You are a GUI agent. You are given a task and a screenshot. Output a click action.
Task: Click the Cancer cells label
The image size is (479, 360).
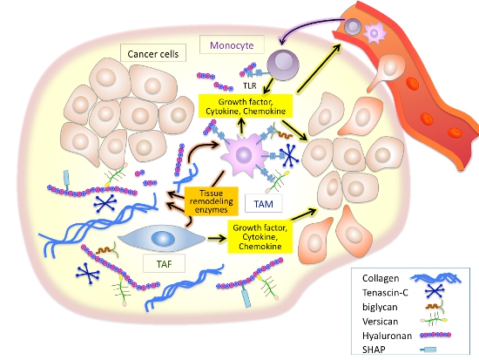tap(153, 54)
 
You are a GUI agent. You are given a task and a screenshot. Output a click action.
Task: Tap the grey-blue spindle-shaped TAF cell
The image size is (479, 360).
tap(166, 238)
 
